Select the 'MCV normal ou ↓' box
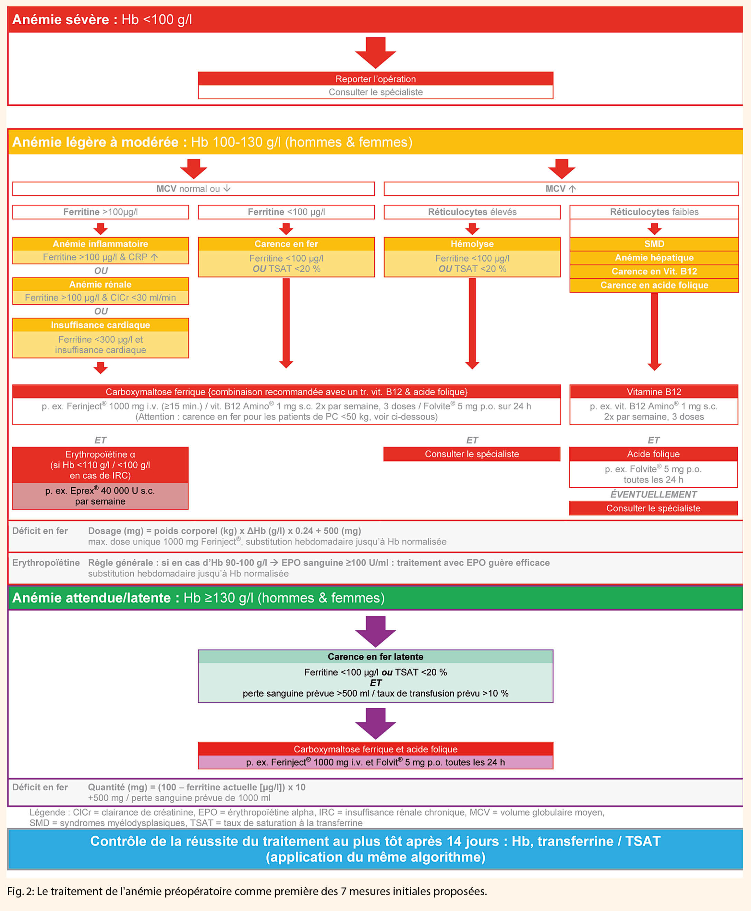[x=194, y=189]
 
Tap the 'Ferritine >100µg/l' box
[x=100, y=212]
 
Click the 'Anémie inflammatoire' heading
[x=100, y=244]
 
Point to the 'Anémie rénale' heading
[x=100, y=284]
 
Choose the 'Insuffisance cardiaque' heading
[x=100, y=325]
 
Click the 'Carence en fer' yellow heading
[x=286, y=244]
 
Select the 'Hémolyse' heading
[x=472, y=244]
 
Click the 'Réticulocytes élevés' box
[x=472, y=212]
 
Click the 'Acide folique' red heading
[x=653, y=454]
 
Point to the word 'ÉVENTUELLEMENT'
[x=653, y=494]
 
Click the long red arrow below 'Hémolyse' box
[x=472, y=322]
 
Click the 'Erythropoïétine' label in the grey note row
[x=46, y=563]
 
